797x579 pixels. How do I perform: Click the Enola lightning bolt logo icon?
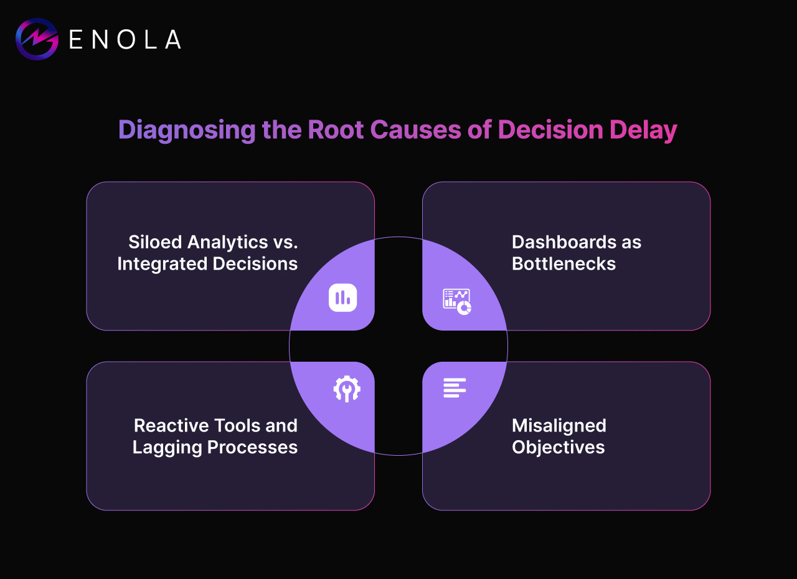pos(37,39)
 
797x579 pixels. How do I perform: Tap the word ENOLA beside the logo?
pos(125,40)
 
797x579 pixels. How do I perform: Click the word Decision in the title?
pos(550,129)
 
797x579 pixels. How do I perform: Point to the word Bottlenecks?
pos(564,264)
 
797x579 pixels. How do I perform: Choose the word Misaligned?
pos(559,425)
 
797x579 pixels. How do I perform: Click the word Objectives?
pos(558,447)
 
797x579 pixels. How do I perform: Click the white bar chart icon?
pos(342,298)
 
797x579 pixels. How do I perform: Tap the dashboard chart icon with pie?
pos(457,301)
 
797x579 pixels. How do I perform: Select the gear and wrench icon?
pos(347,389)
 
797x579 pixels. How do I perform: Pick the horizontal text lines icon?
pos(455,387)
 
